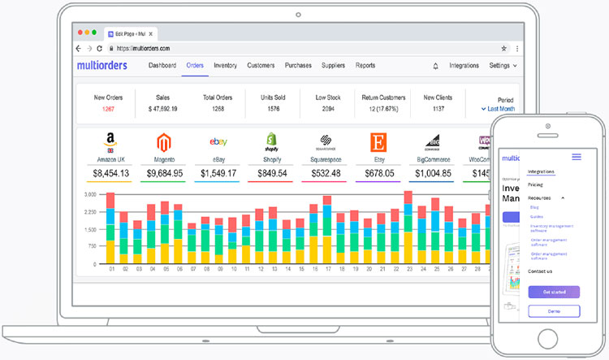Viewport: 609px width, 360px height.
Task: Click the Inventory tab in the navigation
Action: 225,65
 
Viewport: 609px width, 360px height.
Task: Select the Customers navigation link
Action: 261,65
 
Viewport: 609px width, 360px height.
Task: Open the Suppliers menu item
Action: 333,65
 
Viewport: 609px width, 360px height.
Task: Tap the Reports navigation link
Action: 365,65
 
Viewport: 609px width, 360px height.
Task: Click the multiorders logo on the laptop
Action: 106,65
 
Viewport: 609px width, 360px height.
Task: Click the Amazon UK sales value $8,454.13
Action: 110,173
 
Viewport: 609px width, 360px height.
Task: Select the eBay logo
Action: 218,142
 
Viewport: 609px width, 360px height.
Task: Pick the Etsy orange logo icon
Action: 378,142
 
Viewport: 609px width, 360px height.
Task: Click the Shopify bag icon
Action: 272,142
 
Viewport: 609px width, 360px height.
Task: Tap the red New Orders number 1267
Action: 109,108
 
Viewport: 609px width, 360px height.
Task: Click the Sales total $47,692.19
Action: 162,108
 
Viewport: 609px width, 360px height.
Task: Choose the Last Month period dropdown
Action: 499,108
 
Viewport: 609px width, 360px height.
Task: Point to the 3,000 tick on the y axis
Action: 90,195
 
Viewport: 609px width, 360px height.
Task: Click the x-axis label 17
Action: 328,269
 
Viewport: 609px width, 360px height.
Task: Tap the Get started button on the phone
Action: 554,291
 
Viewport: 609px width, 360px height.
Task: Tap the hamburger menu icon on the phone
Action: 577,157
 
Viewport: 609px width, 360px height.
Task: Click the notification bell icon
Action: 435,66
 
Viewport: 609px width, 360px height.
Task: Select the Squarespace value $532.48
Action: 325,173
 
